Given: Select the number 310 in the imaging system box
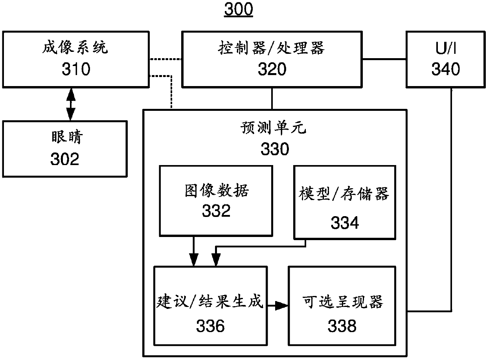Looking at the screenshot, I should pyautogui.click(x=76, y=69).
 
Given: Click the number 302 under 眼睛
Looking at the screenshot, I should pyautogui.click(x=65, y=159).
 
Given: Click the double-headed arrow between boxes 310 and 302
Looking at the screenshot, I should pyautogui.click(x=70, y=104).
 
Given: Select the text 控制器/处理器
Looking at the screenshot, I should pyautogui.click(x=271, y=48).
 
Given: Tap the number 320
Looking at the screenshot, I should pyautogui.click(x=272, y=69).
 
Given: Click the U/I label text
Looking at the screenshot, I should pyautogui.click(x=446, y=49).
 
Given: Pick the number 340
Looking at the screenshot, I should pyautogui.click(x=446, y=69).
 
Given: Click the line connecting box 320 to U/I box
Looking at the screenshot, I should pyautogui.click(x=384, y=59).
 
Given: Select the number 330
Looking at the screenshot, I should pyautogui.click(x=274, y=149).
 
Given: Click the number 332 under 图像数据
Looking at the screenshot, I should pyautogui.click(x=216, y=211).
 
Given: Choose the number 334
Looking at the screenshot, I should pyautogui.click(x=344, y=223).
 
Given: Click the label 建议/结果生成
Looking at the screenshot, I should pyautogui.click(x=210, y=302).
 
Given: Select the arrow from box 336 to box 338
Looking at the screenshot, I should pyautogui.click(x=276, y=305).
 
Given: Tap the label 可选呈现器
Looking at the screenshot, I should pyautogui.click(x=343, y=302).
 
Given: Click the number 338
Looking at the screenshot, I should pyautogui.click(x=342, y=326).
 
